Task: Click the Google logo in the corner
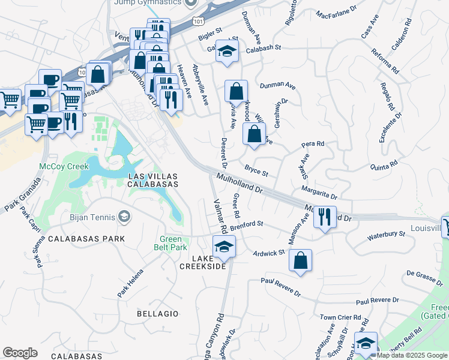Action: click(x=20, y=353)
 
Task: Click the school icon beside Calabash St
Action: click(x=227, y=52)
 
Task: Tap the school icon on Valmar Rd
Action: click(x=224, y=247)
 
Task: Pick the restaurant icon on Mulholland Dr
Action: click(x=324, y=217)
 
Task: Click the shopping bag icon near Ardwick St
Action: click(x=300, y=261)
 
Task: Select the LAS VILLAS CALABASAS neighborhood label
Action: click(x=153, y=179)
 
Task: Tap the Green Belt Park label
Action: click(x=173, y=243)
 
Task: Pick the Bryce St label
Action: click(x=256, y=171)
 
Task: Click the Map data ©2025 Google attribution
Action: click(x=412, y=355)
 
